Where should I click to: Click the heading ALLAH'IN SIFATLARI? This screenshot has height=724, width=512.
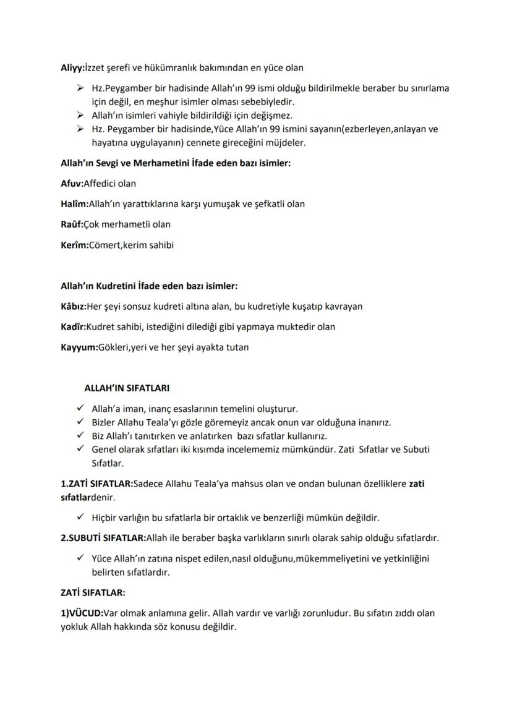pyautogui.click(x=127, y=388)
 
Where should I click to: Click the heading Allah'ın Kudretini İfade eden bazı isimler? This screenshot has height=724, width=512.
pyautogui.click(x=149, y=286)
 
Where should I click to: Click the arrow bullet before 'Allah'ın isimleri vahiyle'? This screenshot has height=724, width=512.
pyautogui.click(x=80, y=116)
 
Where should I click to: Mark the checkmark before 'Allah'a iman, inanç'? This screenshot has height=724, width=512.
pyautogui.click(x=80, y=409)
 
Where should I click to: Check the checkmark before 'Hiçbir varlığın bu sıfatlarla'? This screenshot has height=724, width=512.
pyautogui.click(x=80, y=517)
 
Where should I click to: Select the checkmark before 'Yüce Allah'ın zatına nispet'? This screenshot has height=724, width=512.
pyautogui.click(x=80, y=558)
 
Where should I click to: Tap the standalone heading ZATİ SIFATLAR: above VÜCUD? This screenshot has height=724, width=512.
pyautogui.click(x=93, y=592)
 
